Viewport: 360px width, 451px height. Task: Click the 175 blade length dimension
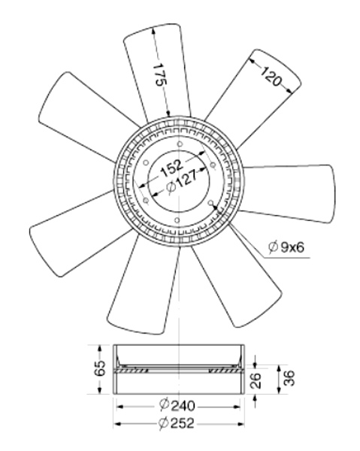point(159,74)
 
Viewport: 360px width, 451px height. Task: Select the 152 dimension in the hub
point(171,168)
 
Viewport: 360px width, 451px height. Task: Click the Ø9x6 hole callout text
point(286,247)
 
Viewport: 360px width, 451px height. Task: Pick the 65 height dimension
point(100,368)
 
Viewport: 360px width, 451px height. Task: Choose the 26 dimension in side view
point(256,380)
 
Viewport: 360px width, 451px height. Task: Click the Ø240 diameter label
point(177,406)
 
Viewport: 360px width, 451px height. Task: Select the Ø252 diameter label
point(177,422)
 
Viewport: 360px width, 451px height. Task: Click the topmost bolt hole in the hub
point(180,144)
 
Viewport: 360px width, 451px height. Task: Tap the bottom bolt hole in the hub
point(177,220)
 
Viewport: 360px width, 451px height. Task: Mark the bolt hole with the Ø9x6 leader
point(210,203)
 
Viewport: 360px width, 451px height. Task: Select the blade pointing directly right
point(288,192)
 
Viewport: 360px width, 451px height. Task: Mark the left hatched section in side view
point(133,370)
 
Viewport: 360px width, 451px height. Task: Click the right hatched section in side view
point(223,370)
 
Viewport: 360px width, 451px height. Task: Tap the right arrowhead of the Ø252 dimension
point(241,423)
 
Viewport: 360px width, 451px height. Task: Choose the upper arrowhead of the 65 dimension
point(100,348)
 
